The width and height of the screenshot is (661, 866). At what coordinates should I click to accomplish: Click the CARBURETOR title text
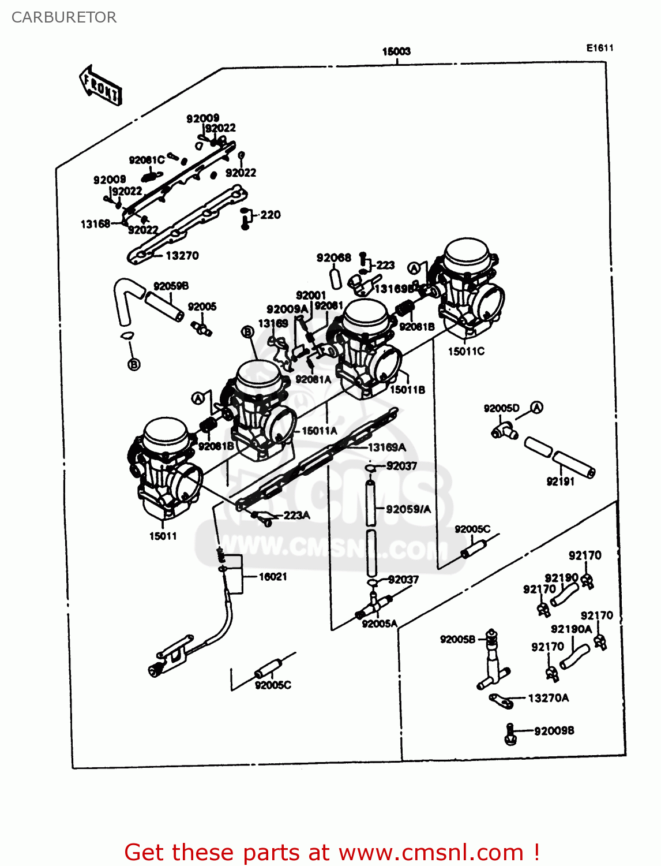pyautogui.click(x=63, y=17)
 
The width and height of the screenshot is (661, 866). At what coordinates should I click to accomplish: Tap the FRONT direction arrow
pyautogui.click(x=100, y=85)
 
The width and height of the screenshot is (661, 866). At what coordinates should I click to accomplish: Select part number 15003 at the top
pyautogui.click(x=396, y=51)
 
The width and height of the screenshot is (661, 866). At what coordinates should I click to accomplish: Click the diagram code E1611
pyautogui.click(x=600, y=48)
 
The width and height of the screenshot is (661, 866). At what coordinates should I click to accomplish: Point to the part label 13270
pyautogui.click(x=182, y=255)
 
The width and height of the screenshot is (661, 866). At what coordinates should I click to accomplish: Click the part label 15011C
pyautogui.click(x=466, y=351)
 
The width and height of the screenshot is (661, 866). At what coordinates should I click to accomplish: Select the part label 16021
pyautogui.click(x=272, y=576)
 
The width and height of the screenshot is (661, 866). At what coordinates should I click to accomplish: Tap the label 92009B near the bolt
pyautogui.click(x=554, y=731)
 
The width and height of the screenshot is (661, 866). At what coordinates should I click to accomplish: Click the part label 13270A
pyautogui.click(x=548, y=698)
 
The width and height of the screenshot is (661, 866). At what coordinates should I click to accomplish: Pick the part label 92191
pyautogui.click(x=560, y=481)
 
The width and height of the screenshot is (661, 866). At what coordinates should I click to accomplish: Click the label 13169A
pyautogui.click(x=386, y=447)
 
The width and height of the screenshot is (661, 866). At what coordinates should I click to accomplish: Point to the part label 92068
pyautogui.click(x=333, y=257)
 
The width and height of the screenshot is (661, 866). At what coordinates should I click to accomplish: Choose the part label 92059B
pyautogui.click(x=171, y=286)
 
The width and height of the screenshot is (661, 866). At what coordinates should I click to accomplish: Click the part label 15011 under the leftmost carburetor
pyautogui.click(x=163, y=536)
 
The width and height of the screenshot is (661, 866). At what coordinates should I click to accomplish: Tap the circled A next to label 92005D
pyautogui.click(x=536, y=408)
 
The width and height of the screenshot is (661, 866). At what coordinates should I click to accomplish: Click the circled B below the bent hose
pyautogui.click(x=134, y=364)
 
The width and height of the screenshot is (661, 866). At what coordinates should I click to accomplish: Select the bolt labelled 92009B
pyautogui.click(x=509, y=734)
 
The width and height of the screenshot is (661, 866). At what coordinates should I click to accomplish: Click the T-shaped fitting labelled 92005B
pyautogui.click(x=492, y=664)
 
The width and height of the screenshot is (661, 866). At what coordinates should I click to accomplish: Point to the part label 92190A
pyautogui.click(x=570, y=629)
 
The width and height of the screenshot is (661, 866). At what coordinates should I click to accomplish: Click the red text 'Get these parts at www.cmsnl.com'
pyautogui.click(x=332, y=852)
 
